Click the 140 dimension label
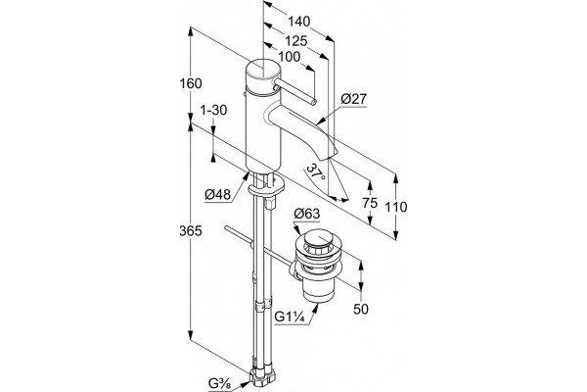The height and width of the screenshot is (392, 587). click(298, 22)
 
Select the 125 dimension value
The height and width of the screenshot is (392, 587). click(295, 40)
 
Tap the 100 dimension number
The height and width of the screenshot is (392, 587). click(289, 57)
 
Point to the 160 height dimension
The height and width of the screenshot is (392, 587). click(191, 83)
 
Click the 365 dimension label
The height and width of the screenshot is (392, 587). click(191, 231)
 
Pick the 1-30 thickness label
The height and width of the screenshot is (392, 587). click(213, 111)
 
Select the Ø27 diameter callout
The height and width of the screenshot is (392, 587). click(354, 99)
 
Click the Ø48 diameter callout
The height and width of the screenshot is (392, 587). click(217, 195)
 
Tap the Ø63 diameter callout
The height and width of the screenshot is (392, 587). click(307, 214)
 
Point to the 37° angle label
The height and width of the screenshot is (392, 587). click(316, 172)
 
